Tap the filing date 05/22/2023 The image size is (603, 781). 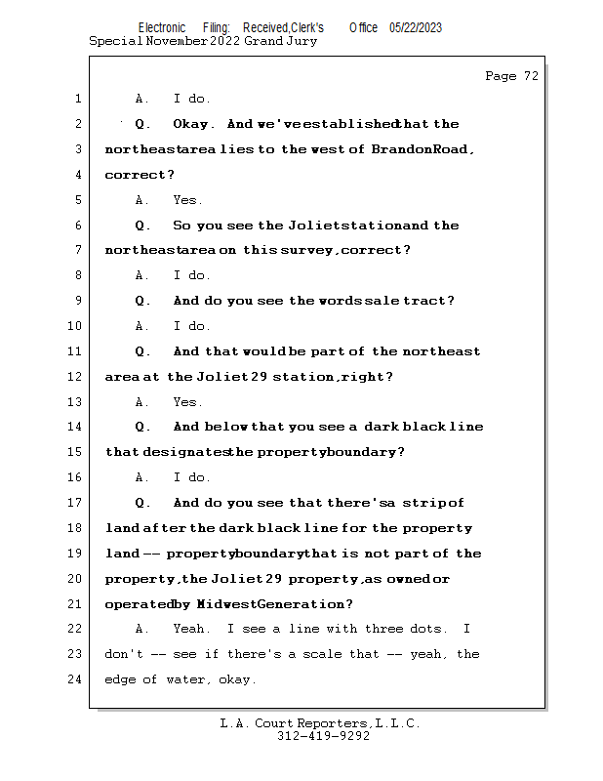(416, 28)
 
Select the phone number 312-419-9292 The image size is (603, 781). (323, 737)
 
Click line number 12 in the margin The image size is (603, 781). (77, 377)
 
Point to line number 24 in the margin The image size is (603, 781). (77, 679)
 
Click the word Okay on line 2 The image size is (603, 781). (193, 124)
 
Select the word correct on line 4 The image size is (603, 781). (137, 175)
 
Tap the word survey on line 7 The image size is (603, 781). (308, 251)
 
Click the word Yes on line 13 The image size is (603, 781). (186, 402)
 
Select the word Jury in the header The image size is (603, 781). (300, 41)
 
